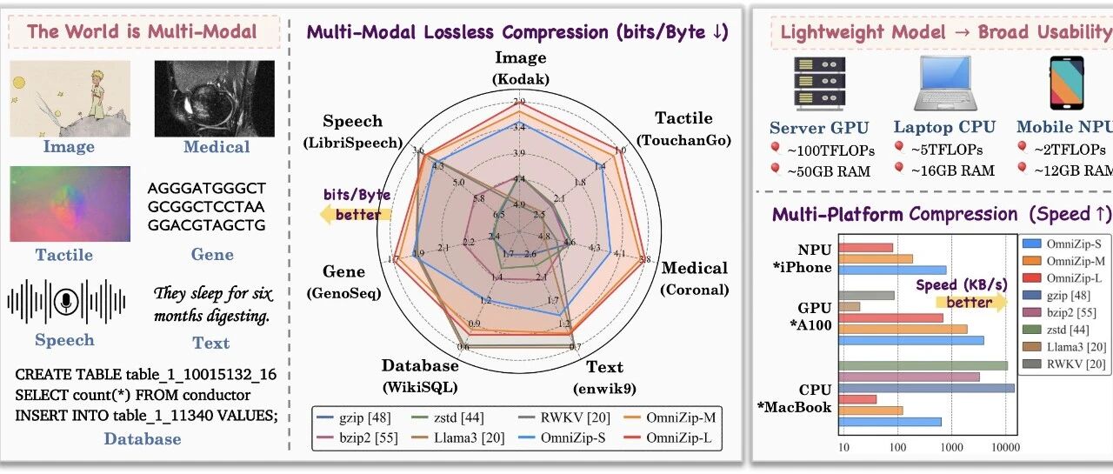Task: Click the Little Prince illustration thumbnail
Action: (70, 98)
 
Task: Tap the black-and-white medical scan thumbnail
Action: (214, 98)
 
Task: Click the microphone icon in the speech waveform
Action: (64, 301)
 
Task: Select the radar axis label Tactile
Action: (683, 118)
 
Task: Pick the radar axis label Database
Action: (420, 366)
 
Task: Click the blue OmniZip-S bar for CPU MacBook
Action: (890, 422)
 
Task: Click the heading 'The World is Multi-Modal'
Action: (143, 32)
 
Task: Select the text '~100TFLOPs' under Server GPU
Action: (830, 150)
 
